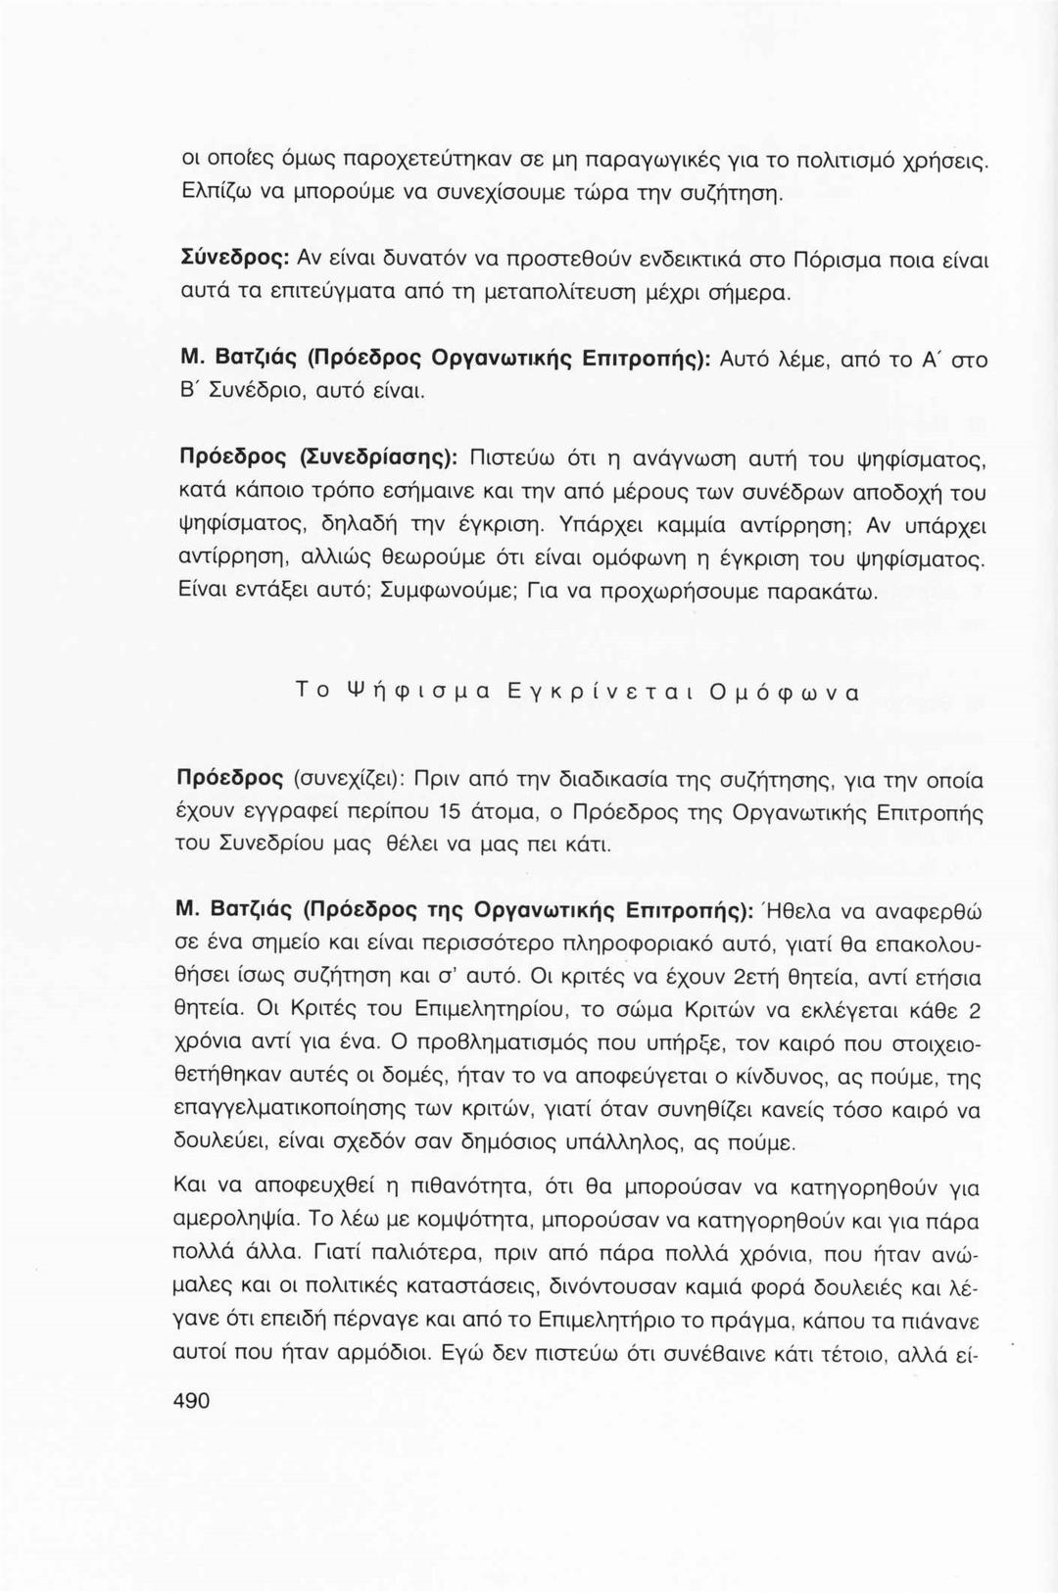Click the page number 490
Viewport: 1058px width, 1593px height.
(191, 1400)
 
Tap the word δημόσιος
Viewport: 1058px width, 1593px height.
(533, 1142)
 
